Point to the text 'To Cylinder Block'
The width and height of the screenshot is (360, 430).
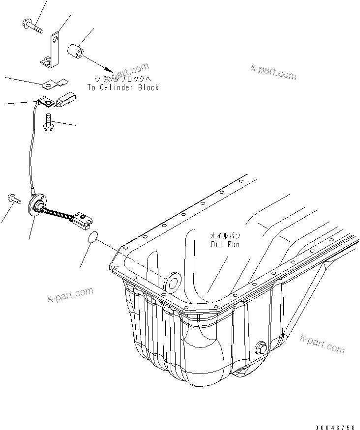pyautogui.click(x=123, y=87)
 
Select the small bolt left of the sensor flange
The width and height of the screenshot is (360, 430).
pyautogui.click(x=13, y=199)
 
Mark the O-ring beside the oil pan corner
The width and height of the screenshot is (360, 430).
pyautogui.click(x=92, y=238)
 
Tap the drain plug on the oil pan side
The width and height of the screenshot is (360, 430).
pyautogui.click(x=260, y=347)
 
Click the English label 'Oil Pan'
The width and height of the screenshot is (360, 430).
pyautogui.click(x=225, y=244)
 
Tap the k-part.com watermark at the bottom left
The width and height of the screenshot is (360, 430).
pyautogui.click(x=70, y=295)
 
